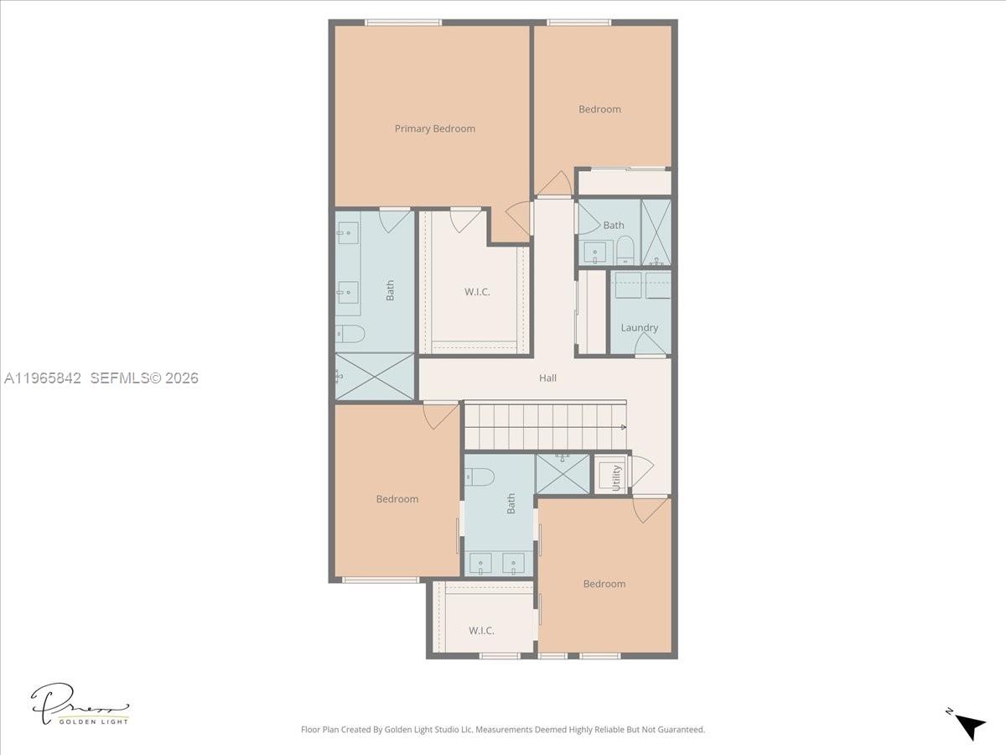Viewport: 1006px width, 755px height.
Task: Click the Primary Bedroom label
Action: [434, 128]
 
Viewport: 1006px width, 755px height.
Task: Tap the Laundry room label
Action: [639, 327]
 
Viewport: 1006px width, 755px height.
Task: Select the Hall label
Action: [547, 377]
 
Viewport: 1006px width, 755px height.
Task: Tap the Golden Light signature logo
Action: [80, 705]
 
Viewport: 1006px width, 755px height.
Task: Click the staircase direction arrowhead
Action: [624, 427]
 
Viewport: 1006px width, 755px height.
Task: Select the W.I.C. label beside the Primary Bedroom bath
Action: [477, 292]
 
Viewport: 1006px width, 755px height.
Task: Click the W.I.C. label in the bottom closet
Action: [481, 630]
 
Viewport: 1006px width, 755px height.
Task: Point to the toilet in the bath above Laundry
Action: [625, 250]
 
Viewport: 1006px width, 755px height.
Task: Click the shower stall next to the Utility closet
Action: [563, 474]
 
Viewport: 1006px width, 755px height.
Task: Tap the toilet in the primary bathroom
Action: [350, 334]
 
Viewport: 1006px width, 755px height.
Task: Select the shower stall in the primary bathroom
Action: [375, 377]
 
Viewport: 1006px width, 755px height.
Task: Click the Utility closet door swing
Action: [641, 471]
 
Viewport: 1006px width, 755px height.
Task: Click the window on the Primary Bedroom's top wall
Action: [403, 23]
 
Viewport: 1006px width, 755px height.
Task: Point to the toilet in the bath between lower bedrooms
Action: [479, 476]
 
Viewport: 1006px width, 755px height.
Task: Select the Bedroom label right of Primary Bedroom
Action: [599, 109]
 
